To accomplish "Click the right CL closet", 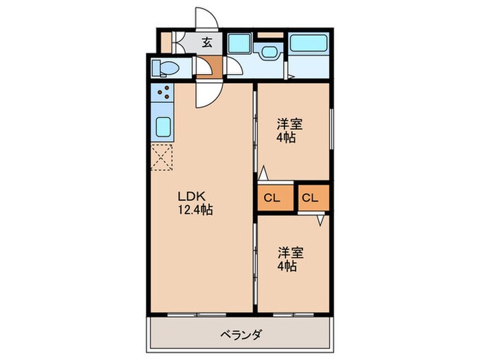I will (x=311, y=199).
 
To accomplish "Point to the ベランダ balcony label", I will (x=240, y=335).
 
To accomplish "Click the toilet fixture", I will (x=165, y=67).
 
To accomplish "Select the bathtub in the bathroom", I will (x=309, y=44).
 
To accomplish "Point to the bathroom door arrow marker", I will (x=291, y=76).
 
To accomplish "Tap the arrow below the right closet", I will (x=320, y=221).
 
